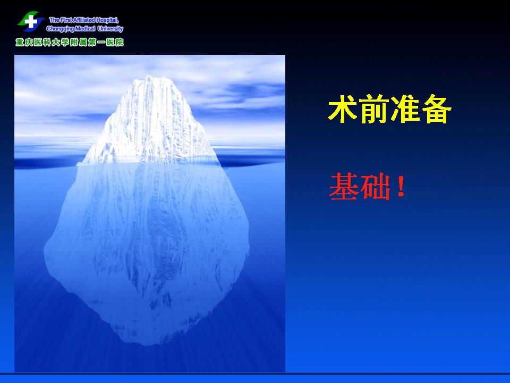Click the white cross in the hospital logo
[x=31, y=22]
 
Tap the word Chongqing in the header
[x=60, y=29]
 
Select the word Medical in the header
[x=85, y=29]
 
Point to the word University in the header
[x=110, y=29]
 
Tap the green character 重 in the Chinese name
[x=20, y=43]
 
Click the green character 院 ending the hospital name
[x=120, y=43]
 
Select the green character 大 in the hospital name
[x=56, y=43]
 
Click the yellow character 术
[x=343, y=109]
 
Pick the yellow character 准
[x=405, y=109]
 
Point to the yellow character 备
[x=437, y=109]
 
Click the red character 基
[x=344, y=187]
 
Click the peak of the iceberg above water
[x=149, y=76]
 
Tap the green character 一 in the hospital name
[x=101, y=43]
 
